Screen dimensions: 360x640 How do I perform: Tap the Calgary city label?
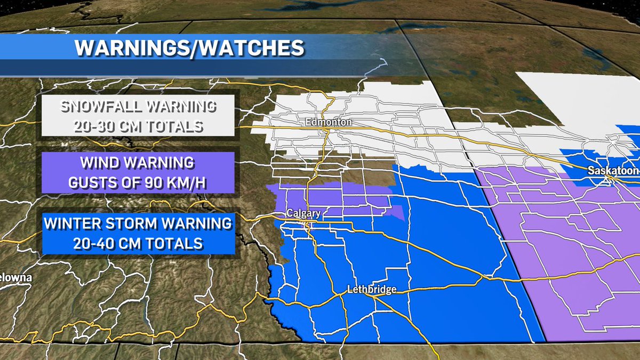(x=303, y=213)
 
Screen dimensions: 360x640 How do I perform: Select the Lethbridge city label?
(x=371, y=290)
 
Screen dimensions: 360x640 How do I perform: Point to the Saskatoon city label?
(x=613, y=171)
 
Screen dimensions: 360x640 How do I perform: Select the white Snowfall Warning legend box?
(x=138, y=116)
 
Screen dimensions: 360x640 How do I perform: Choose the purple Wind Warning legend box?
(x=138, y=172)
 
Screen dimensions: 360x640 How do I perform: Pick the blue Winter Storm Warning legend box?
(x=138, y=234)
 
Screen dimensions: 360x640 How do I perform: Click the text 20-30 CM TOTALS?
(x=138, y=126)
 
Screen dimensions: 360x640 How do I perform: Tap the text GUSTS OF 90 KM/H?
(x=138, y=182)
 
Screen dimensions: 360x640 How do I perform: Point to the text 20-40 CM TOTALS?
(x=138, y=244)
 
